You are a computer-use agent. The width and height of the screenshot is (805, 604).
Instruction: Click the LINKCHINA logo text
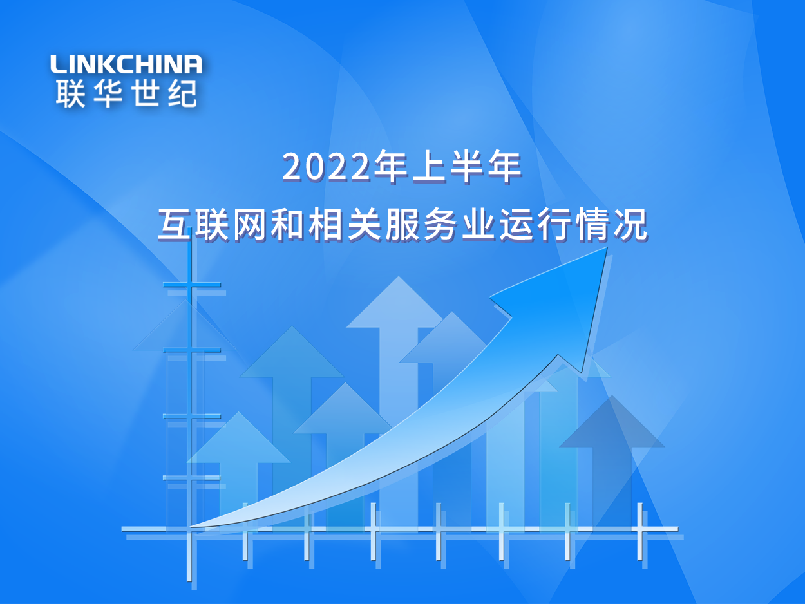click(x=126, y=64)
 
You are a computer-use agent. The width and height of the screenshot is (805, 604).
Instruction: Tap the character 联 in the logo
click(x=70, y=93)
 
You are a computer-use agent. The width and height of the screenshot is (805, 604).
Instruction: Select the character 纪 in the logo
click(x=182, y=93)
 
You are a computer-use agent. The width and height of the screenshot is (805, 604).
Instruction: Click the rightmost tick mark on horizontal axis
click(x=640, y=529)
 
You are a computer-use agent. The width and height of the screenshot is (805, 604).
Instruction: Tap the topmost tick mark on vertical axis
click(x=191, y=285)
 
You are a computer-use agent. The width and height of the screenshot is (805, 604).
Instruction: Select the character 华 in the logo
click(x=107, y=93)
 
